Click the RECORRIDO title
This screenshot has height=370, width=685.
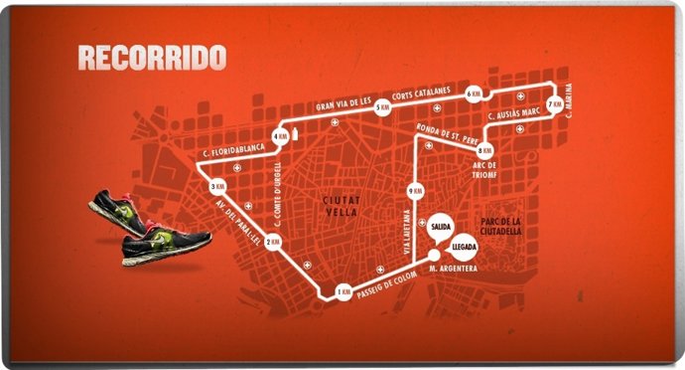point(152,57)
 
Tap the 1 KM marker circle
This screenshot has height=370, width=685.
point(342,292)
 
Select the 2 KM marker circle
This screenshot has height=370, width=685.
point(275,242)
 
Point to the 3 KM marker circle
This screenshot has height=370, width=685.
point(217,187)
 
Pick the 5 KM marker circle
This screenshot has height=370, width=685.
point(381,111)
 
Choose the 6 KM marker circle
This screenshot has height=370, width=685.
point(474,92)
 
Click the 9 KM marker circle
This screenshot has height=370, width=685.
point(416,189)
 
